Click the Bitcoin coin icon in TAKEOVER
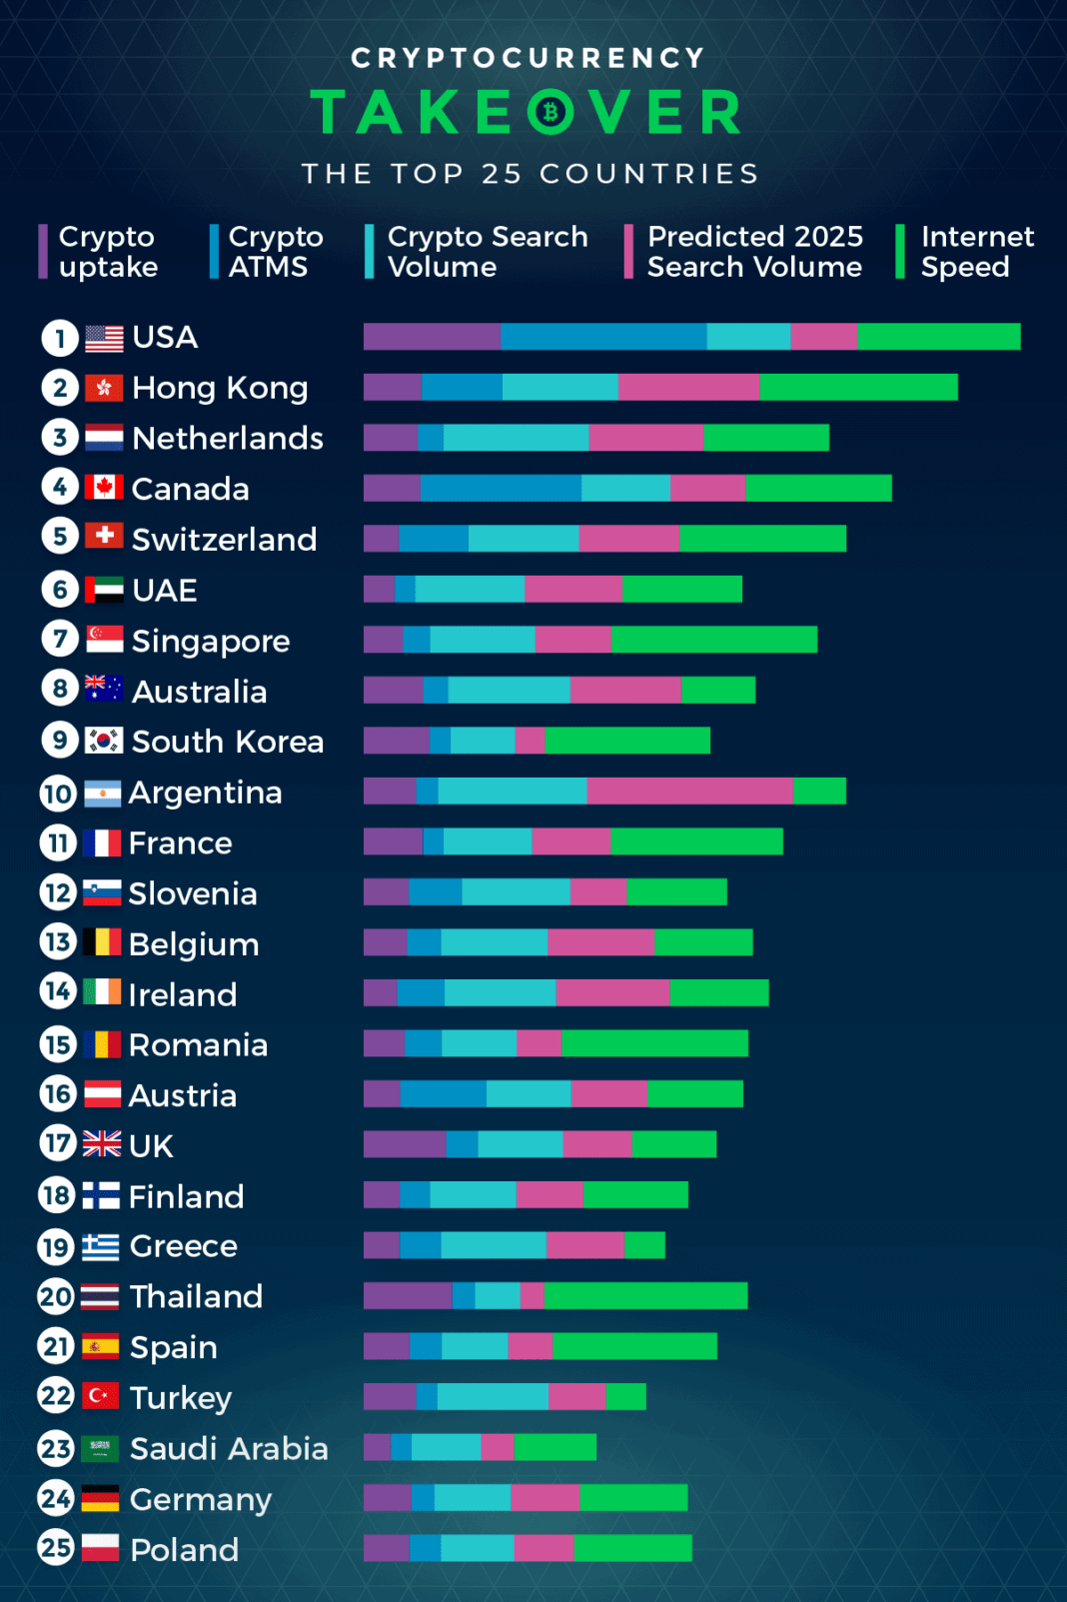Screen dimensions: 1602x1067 [549, 112]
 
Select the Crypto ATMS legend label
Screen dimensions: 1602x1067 [276, 252]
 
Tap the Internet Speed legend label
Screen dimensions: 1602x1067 [976, 252]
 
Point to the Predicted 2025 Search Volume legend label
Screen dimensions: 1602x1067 [754, 252]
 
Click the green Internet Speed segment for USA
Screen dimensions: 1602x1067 [938, 337]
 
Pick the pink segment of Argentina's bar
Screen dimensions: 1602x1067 [689, 792]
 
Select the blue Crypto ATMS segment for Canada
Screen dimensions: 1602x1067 [501, 488]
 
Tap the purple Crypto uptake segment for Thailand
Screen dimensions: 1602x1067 [408, 1296]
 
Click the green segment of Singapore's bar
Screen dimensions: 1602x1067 [713, 640]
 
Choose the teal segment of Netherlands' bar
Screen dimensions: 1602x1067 [516, 438]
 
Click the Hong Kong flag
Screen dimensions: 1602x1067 [104, 388]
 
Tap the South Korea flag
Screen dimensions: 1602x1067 [104, 741]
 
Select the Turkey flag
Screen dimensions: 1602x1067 [100, 1396]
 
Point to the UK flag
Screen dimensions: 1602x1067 [102, 1144]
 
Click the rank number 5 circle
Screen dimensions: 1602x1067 [60, 538]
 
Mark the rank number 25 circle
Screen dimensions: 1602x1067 [56, 1548]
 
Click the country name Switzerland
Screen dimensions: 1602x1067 [224, 540]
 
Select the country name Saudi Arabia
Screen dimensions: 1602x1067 [229, 1448]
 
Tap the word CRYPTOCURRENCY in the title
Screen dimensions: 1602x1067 [529, 58]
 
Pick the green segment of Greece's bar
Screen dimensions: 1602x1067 [644, 1245]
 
